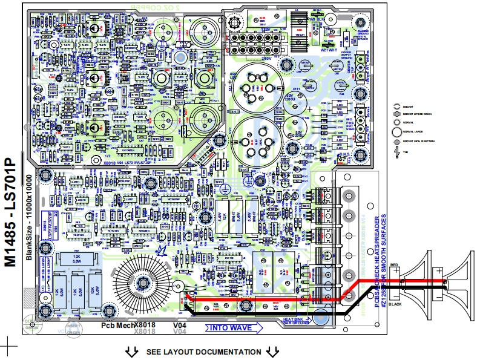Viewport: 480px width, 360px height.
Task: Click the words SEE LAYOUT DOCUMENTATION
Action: click(203, 352)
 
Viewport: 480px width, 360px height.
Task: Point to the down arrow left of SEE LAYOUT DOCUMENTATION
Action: click(130, 352)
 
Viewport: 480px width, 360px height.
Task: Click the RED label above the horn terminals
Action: click(394, 265)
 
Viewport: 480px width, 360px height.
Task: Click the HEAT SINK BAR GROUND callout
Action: click(297, 321)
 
